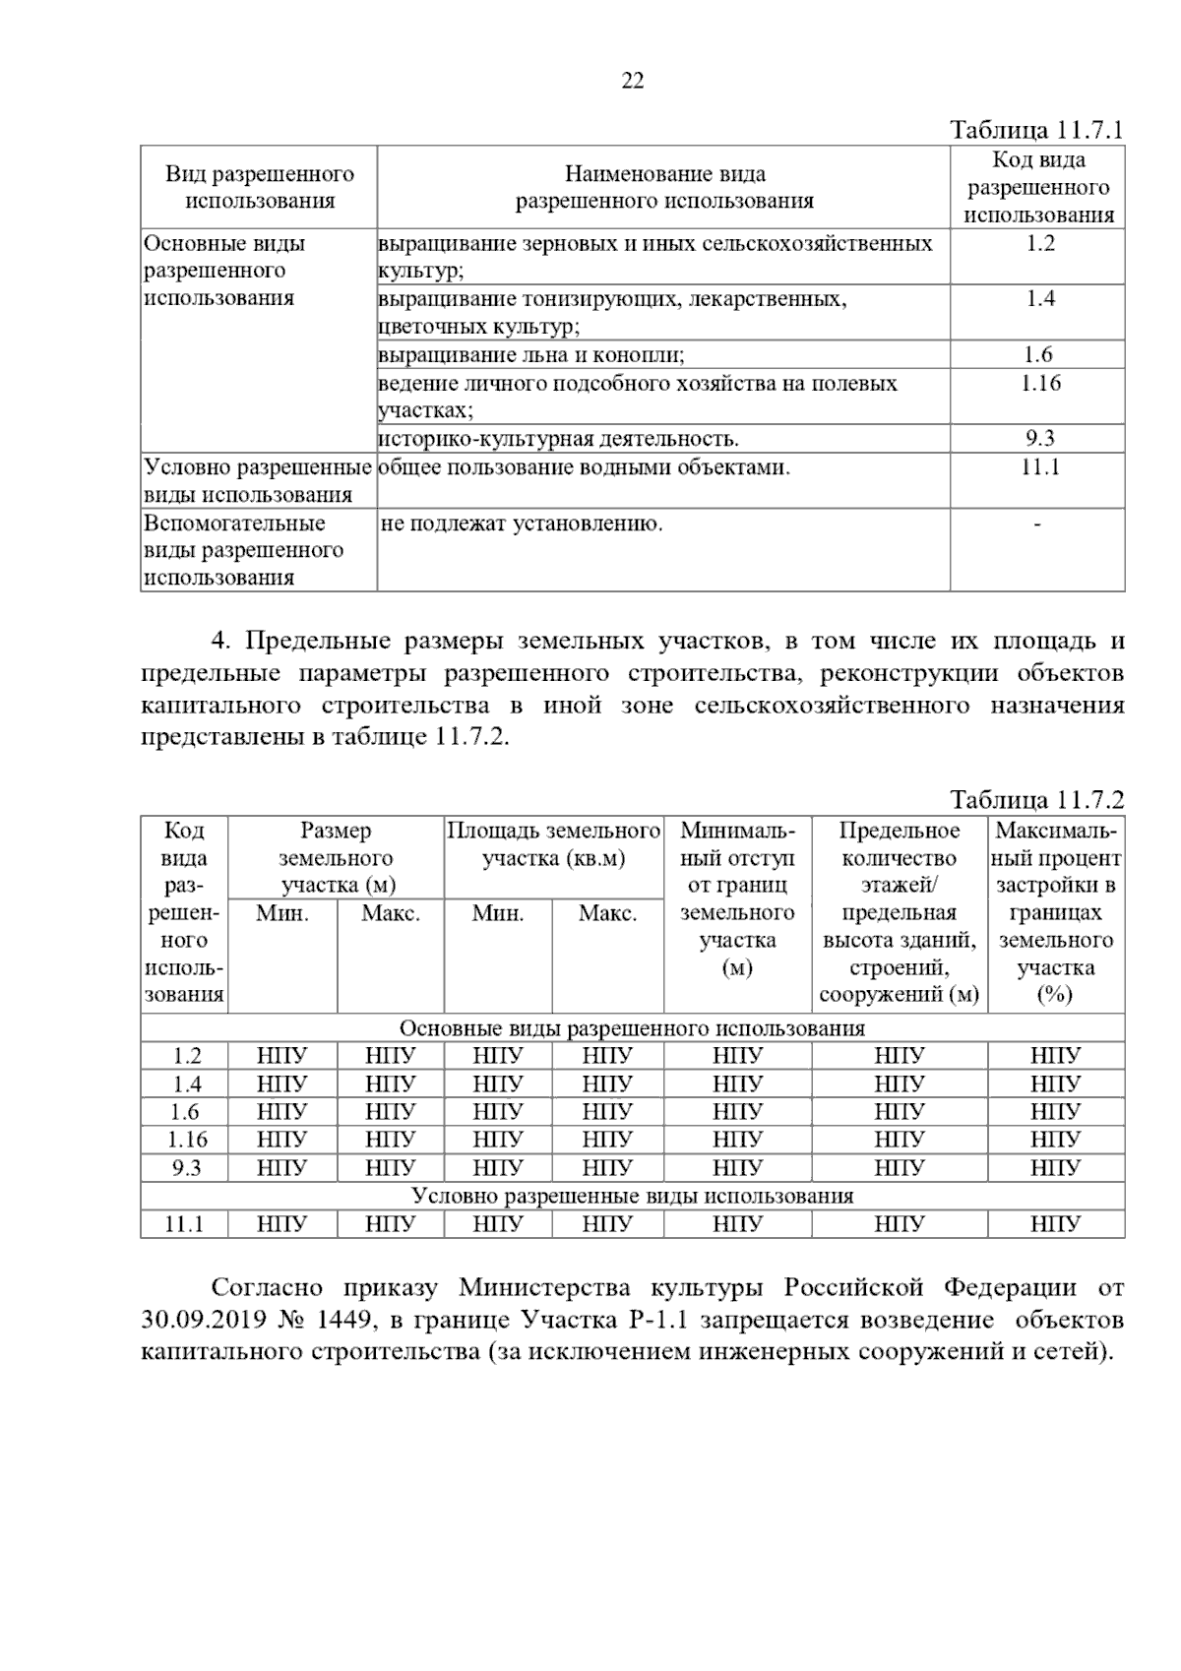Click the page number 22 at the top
(633, 82)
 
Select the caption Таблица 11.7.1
(1036, 131)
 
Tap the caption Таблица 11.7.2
(1036, 800)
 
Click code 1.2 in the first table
(1038, 244)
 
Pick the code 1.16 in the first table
(1038, 383)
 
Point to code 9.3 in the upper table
(1038, 439)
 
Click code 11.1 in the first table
(1038, 467)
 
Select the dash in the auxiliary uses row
(1037, 525)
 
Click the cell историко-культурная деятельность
(558, 439)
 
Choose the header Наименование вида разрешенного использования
(664, 188)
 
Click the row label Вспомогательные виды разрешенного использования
(243, 550)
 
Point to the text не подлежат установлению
(522, 524)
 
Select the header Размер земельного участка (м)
(336, 857)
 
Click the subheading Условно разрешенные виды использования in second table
(632, 1197)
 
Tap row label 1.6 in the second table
(185, 1112)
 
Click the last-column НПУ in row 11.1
(1055, 1225)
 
